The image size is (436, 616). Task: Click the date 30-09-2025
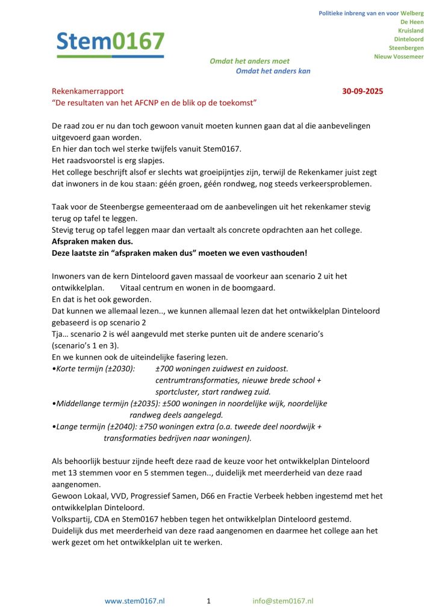tap(363, 91)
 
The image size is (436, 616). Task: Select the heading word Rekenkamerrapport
tap(87, 91)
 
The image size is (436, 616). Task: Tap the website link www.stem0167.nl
tap(135, 600)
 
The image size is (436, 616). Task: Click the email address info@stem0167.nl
tap(283, 600)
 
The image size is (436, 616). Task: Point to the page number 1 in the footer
tap(208, 600)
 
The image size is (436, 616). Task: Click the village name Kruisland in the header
tap(411, 30)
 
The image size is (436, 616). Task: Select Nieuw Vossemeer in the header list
tap(399, 56)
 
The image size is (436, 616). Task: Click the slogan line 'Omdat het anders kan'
tap(273, 71)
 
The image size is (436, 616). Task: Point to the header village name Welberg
tap(412, 13)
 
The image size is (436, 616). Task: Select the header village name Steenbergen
tap(406, 48)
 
